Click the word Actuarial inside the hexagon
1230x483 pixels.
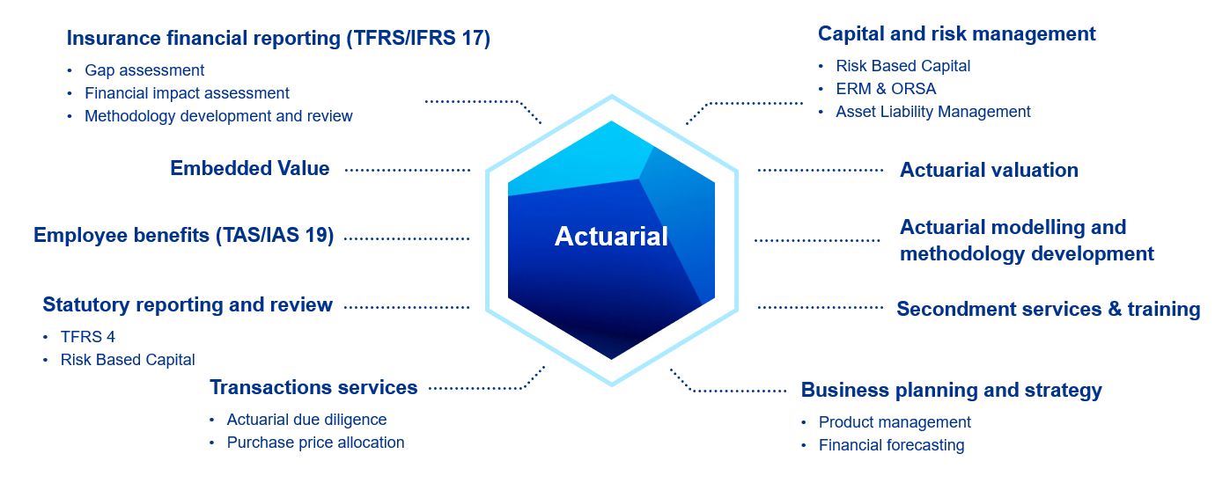pos(611,236)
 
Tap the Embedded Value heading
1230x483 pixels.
pos(250,168)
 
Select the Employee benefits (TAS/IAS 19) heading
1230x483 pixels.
pos(183,235)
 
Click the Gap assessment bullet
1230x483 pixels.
pos(144,70)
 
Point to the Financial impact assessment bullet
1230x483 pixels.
pos(187,93)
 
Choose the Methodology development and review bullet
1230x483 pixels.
pos(218,116)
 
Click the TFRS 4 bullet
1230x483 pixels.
pos(87,337)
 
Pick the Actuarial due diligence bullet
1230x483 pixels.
pos(306,420)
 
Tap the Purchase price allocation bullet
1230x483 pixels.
pos(315,443)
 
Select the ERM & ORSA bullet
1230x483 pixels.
pos(886,89)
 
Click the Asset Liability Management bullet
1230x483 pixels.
pos(932,112)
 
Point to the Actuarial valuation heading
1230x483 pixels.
pos(989,170)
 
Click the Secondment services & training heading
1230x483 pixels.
pos(1048,309)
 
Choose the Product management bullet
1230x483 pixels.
pos(895,422)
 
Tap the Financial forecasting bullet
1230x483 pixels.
pos(891,445)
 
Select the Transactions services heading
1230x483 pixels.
pos(313,387)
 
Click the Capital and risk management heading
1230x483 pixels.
pos(956,33)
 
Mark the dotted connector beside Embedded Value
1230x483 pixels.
pos(407,169)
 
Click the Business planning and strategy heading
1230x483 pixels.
pos(951,390)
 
